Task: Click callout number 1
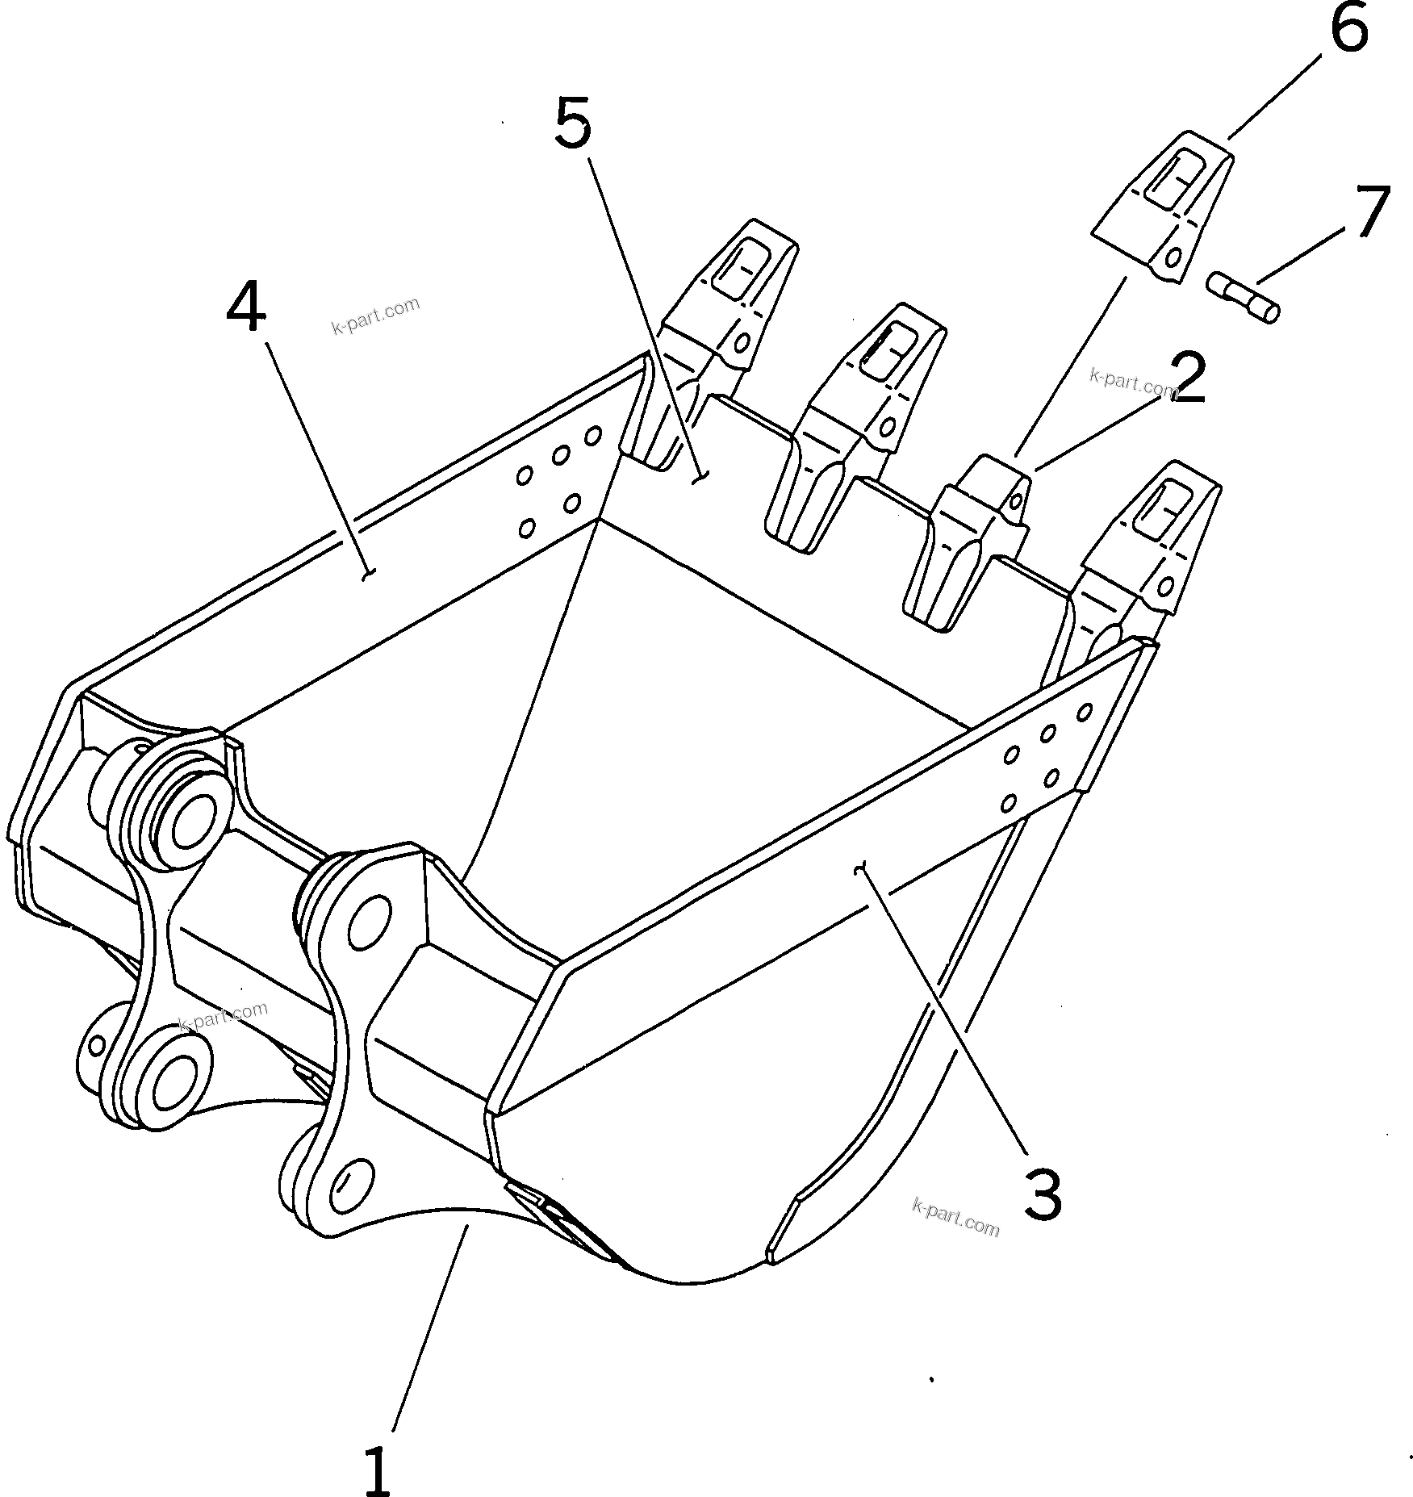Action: [378, 1449]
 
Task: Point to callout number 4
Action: [245, 308]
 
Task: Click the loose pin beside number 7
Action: [1244, 297]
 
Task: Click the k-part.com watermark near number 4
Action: [376, 316]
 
